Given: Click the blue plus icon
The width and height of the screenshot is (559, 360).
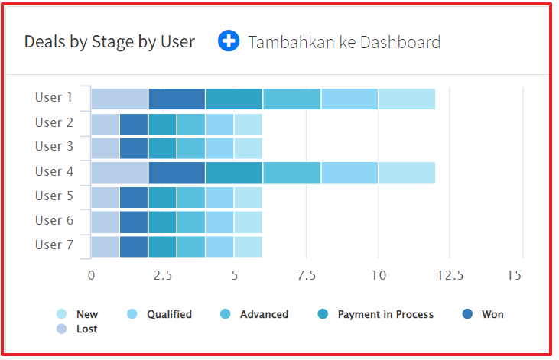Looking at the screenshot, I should [x=229, y=41].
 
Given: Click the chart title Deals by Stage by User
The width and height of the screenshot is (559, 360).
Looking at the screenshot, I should [x=109, y=42].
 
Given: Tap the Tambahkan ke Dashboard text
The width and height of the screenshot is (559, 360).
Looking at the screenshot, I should [x=344, y=42].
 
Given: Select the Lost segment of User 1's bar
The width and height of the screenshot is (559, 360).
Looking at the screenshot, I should [x=119, y=99].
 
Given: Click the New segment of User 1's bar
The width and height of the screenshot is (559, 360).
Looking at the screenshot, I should [x=407, y=99].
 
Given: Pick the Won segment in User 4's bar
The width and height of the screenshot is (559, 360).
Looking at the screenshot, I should [x=177, y=173].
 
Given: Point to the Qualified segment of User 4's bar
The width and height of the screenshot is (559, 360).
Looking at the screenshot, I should [x=349, y=173].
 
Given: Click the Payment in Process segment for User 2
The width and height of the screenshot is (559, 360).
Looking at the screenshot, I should [x=162, y=124].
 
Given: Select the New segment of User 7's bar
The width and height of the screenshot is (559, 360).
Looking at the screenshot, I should [x=248, y=247].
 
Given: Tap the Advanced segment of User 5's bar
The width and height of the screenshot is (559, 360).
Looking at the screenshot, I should [x=191, y=197].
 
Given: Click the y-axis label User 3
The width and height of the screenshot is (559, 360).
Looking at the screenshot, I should [x=54, y=147].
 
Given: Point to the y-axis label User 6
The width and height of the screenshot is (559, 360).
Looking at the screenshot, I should [x=54, y=221].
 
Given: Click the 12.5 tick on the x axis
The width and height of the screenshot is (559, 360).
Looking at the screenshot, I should [x=450, y=276].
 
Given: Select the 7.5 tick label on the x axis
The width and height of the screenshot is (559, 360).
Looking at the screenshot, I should [x=306, y=276].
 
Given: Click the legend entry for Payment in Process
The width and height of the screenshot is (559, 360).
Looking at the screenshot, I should [x=385, y=314].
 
